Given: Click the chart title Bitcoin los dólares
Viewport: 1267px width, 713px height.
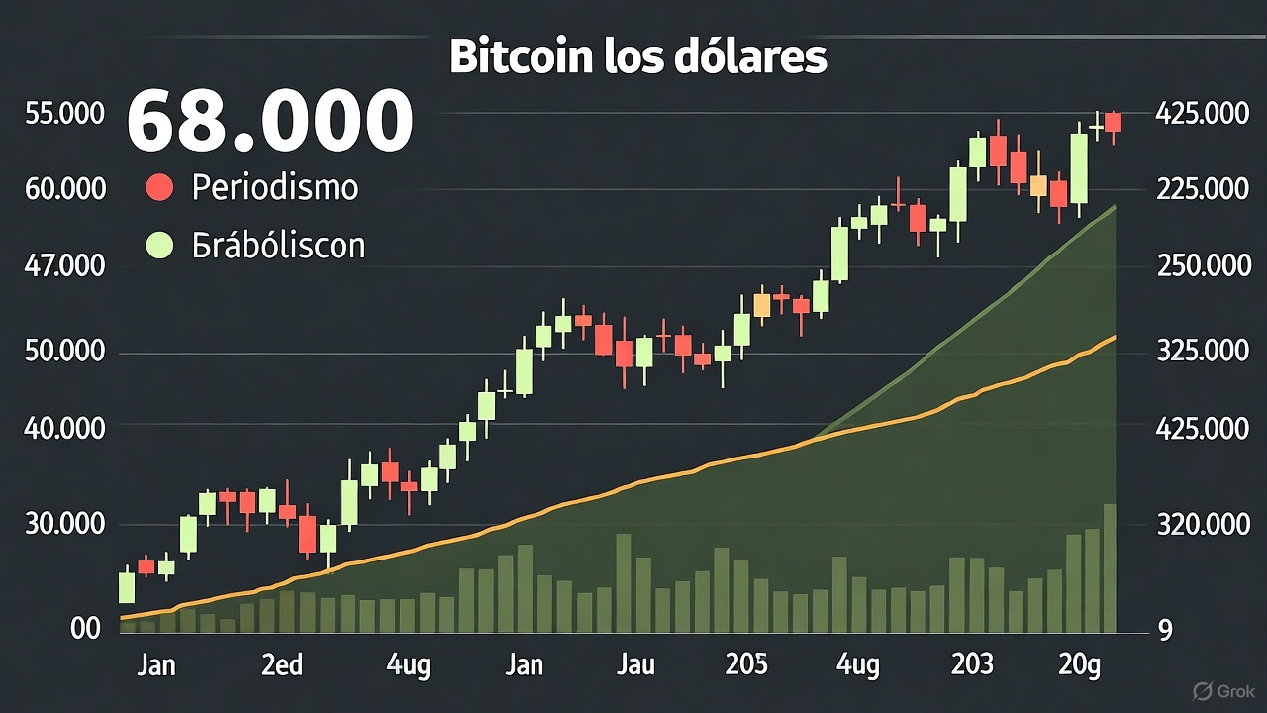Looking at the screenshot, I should [x=637, y=58].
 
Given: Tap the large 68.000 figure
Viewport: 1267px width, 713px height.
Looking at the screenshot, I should [x=269, y=121].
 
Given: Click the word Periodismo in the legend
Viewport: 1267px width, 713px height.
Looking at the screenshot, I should [x=274, y=187].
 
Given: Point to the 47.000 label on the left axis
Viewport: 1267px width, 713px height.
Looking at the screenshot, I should [x=64, y=266].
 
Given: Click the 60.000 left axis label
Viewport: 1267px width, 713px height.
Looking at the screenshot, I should [x=64, y=187].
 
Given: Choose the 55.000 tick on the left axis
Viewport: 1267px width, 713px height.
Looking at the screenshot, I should [x=64, y=114].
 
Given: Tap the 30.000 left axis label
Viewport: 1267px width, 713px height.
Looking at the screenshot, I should [x=64, y=524].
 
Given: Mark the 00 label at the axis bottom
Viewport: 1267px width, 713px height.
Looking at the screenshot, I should [x=86, y=629].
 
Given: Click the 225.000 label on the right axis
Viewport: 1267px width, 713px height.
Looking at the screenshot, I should [x=1202, y=188].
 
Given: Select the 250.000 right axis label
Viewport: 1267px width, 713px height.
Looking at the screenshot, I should [x=1202, y=266].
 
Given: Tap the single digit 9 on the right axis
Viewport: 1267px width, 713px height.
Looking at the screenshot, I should [x=1164, y=629].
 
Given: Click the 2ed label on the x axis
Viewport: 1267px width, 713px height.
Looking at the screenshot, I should [x=282, y=664].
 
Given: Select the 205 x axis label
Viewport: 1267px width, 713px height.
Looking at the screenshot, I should [x=745, y=664].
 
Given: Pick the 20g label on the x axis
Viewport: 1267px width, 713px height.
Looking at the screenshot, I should [x=1079, y=665].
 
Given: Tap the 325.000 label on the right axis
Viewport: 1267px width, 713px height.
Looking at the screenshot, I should [x=1202, y=353].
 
